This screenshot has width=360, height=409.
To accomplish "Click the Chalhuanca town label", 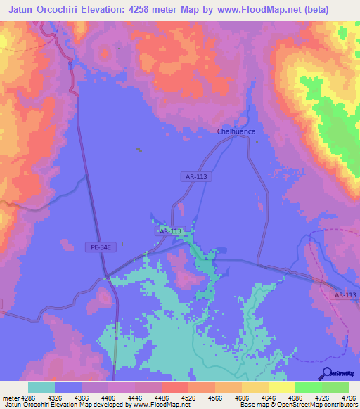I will [x=236, y=131].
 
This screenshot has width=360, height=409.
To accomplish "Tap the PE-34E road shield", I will [x=98, y=247].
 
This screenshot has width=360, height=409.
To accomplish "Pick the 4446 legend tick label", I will [x=135, y=397].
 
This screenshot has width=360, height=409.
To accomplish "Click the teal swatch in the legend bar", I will [x=41, y=387].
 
